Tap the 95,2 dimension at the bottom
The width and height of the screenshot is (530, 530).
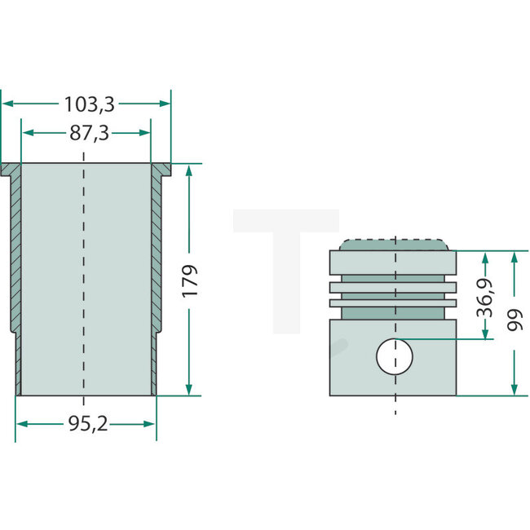(x=87, y=424)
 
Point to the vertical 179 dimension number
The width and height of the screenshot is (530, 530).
(x=190, y=280)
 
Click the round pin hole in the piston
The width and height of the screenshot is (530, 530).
(x=395, y=356)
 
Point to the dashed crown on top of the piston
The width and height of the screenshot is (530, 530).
(x=395, y=245)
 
